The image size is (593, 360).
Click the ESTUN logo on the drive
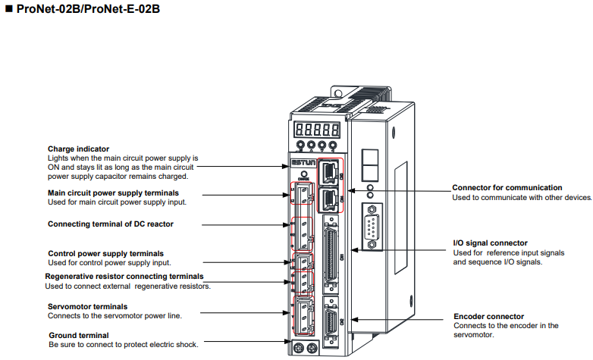(303, 163)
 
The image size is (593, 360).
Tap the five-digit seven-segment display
(317, 130)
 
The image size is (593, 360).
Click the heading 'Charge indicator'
(78, 149)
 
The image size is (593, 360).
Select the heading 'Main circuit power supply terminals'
(113, 193)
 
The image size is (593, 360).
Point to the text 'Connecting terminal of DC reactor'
(111, 224)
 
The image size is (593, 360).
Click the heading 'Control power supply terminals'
(106, 253)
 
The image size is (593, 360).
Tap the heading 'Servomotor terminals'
(87, 307)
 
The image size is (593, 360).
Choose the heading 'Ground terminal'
(79, 336)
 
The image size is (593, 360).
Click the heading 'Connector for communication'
(507, 187)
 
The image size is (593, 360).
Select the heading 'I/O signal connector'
(490, 243)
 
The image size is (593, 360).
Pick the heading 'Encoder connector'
(488, 317)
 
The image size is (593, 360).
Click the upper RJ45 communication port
(329, 172)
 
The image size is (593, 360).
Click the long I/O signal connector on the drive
(331, 254)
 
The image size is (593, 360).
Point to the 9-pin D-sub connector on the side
(372, 227)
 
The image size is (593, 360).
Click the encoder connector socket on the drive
(331, 322)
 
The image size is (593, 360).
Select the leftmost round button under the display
(300, 145)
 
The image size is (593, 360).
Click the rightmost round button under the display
(333, 145)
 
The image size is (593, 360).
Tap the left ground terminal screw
(299, 348)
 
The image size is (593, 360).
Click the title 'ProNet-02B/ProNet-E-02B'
(88, 8)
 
